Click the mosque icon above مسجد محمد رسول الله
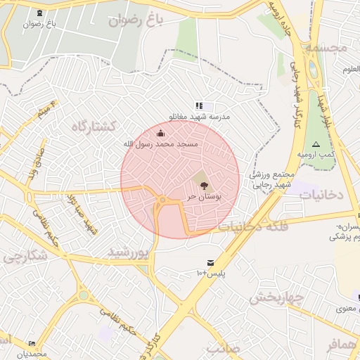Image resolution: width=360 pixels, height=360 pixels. pyautogui.click(x=162, y=133)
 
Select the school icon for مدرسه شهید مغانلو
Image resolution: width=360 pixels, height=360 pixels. pyautogui.click(x=199, y=105)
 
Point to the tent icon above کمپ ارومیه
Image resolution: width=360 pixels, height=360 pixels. pyautogui.click(x=316, y=144)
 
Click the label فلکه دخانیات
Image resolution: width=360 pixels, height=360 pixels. pyautogui.click(x=250, y=226)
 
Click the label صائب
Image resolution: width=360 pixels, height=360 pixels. pyautogui.click(x=224, y=348)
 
